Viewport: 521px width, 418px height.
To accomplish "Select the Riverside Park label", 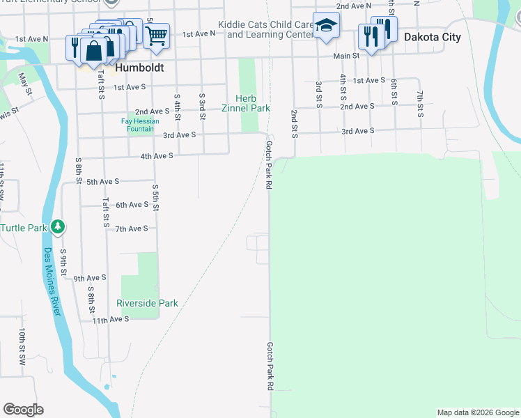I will coord(147,303).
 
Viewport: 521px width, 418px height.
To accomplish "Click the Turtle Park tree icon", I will coord(59,226).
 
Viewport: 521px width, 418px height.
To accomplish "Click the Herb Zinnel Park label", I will coord(245,103).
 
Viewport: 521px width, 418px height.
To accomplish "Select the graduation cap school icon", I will coord(325,27).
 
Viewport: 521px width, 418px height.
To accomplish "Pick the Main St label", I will coord(345,55).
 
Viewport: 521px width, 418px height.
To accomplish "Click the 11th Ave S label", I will coord(111,319).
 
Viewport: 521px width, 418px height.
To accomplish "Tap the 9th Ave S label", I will coord(90,277).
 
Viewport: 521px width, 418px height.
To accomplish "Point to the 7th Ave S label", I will coord(132,229).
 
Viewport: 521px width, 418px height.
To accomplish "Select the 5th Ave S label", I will coord(103,181).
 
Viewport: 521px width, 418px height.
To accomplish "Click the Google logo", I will coord(23,410).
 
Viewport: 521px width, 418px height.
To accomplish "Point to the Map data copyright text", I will coord(477,412).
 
